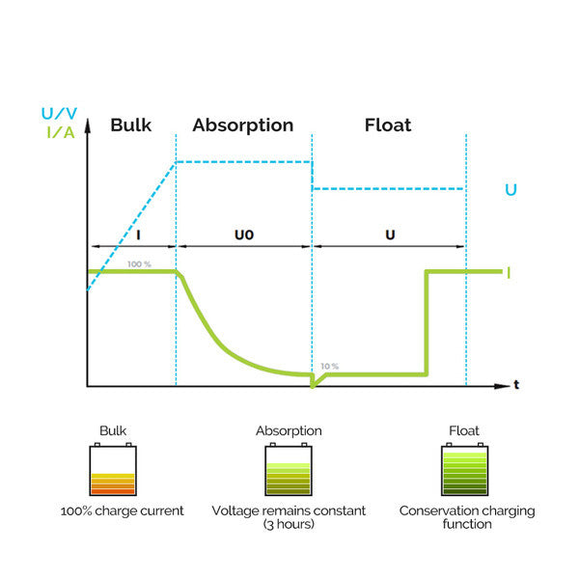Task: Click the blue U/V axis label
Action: [x=59, y=113]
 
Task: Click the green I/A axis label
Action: [x=61, y=132]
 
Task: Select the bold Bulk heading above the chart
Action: [x=130, y=124]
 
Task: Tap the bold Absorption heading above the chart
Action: [x=243, y=125]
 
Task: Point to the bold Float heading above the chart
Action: [x=388, y=124]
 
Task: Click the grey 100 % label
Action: [x=139, y=264]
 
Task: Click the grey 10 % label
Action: [x=329, y=366]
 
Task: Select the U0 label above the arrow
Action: [x=244, y=234]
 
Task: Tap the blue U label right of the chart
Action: [x=510, y=190]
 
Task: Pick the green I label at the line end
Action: [x=509, y=273]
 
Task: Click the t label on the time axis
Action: [x=516, y=385]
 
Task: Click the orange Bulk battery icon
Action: [x=113, y=469]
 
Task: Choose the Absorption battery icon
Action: [x=289, y=469]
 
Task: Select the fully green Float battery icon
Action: [x=464, y=469]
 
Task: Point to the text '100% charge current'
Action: [x=122, y=510]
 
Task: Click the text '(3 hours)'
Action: [x=289, y=524]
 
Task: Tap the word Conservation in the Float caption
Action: [x=438, y=510]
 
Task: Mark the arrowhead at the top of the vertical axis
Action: [x=88, y=125]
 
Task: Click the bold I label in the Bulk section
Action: [x=138, y=234]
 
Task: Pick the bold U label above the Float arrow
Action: [x=390, y=234]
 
